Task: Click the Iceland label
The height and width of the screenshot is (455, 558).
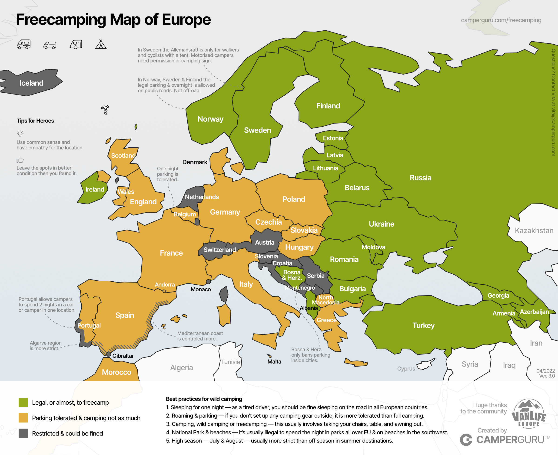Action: [31, 83]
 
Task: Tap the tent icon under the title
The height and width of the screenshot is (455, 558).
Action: [101, 44]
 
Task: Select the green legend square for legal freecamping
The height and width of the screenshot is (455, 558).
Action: [23, 402]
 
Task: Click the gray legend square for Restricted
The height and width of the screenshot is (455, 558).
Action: [23, 433]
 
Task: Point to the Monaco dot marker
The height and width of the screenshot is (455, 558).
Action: [208, 282]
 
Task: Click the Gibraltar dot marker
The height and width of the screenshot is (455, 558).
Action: [109, 354]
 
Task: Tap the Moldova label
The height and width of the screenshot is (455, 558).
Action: [373, 247]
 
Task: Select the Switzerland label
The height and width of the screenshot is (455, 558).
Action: [220, 250]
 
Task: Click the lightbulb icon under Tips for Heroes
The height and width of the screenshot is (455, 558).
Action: [20, 134]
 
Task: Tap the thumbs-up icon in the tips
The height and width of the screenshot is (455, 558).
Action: [20, 160]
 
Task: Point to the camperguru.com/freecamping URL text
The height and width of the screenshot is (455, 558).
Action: [501, 20]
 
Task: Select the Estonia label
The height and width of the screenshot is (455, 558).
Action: [333, 138]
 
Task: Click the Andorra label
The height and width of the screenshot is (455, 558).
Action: [165, 285]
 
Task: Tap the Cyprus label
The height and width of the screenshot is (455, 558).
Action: [406, 368]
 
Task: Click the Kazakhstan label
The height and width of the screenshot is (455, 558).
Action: [534, 231]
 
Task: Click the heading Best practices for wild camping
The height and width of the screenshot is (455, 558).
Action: [204, 399]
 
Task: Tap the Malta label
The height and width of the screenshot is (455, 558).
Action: [274, 362]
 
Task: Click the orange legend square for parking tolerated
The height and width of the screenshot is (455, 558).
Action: [23, 418]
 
